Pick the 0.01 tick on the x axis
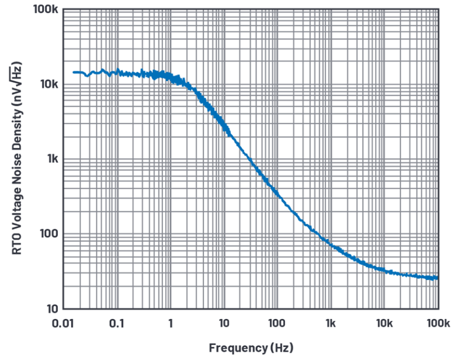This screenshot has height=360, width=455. (63, 323)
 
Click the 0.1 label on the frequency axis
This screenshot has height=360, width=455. (117, 323)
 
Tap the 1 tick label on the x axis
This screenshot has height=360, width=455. (170, 323)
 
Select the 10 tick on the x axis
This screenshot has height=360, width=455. (224, 323)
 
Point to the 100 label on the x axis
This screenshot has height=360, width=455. (277, 323)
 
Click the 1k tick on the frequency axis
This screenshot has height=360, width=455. (331, 323)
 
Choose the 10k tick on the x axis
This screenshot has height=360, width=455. (384, 323)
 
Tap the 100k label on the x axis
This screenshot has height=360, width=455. (438, 323)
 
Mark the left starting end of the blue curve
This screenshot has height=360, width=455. (73, 72)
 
